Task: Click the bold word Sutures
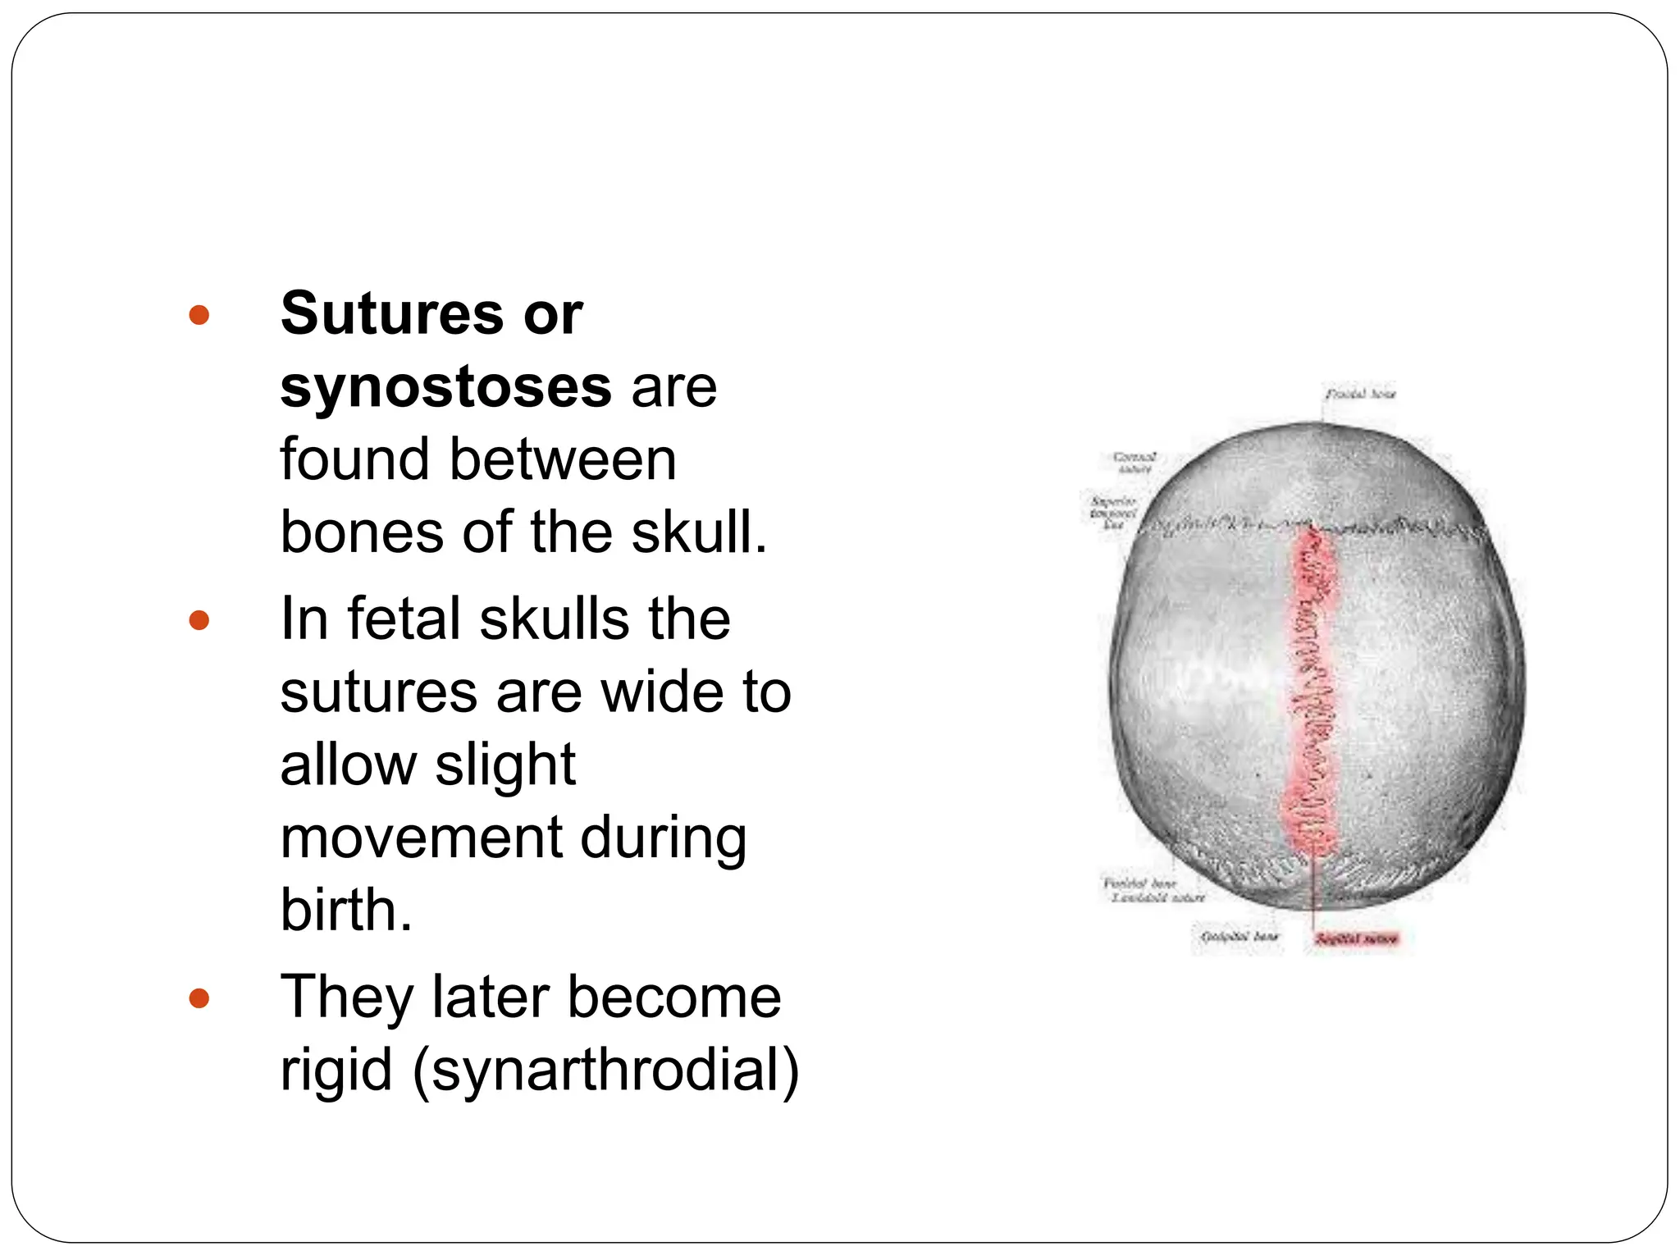tap(390, 313)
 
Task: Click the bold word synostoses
tap(445, 386)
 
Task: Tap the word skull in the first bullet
tap(697, 532)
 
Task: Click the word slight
tap(505, 765)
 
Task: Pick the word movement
tap(421, 838)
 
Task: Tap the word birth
tap(345, 910)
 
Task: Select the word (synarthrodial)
tap(605, 1070)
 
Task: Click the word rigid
tap(336, 1070)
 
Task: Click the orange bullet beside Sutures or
tap(199, 315)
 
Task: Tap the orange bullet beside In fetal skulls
tap(199, 620)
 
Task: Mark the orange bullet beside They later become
tap(199, 998)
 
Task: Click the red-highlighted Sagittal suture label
tap(1357, 938)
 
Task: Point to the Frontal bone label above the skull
tap(1360, 395)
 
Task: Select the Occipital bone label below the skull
tap(1239, 936)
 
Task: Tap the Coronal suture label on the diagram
tap(1135, 462)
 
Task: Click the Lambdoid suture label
tap(1158, 898)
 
